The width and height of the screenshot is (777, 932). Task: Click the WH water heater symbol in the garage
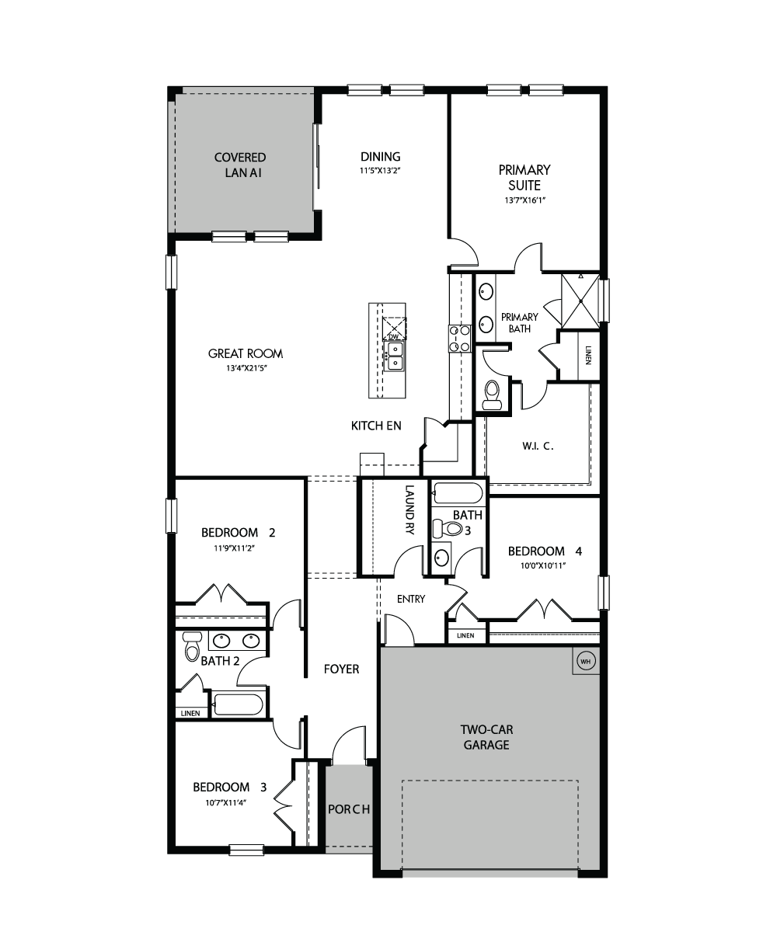click(585, 661)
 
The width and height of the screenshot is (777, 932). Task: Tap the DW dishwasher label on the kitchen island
click(393, 336)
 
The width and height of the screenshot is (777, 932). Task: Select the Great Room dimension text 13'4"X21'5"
click(246, 368)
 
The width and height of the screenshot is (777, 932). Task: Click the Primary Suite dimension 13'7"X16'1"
click(525, 200)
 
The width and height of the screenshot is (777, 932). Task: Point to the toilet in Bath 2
click(192, 645)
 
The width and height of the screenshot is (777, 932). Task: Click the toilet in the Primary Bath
click(493, 395)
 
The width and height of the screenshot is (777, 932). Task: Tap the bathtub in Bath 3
click(456, 493)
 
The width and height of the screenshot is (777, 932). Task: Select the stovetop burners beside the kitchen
click(460, 339)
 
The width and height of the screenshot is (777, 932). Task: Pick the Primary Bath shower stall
click(580, 301)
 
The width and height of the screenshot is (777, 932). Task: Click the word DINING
click(381, 157)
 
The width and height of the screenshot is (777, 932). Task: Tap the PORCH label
click(349, 809)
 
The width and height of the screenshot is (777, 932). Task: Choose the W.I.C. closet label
click(538, 446)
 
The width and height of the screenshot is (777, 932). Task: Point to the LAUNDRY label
click(409, 509)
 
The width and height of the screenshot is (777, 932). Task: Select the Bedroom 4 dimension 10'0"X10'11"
click(543, 565)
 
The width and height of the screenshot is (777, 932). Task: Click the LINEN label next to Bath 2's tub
click(190, 713)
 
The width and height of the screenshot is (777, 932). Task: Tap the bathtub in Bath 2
click(239, 704)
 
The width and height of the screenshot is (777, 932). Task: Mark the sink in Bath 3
click(441, 558)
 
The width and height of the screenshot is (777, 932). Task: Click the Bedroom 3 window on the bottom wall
click(246, 850)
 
